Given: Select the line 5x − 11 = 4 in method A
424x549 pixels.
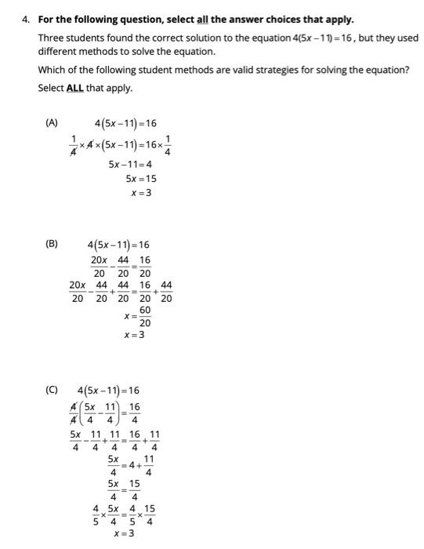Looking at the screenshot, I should pyautogui.click(x=130, y=165).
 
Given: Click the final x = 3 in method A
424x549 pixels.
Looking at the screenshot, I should pyautogui.click(x=142, y=193).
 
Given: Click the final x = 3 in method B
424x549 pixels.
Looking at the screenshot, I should pyautogui.click(x=135, y=336).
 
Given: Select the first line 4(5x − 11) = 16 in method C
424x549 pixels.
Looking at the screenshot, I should pyautogui.click(x=109, y=391).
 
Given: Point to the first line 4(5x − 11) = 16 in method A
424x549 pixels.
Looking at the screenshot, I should pyautogui.click(x=125, y=123).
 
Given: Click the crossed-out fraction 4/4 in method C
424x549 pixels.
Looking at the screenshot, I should pyautogui.click(x=74, y=413).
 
